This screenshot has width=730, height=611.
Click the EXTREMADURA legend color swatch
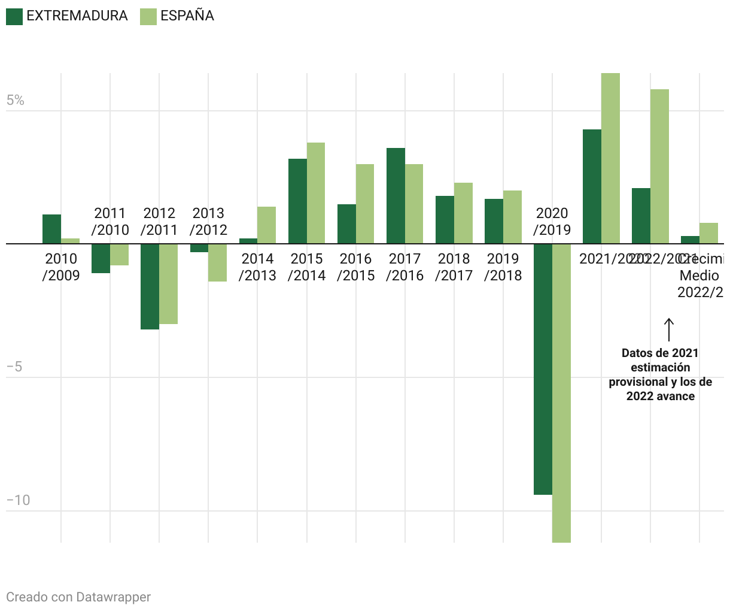pos(14,16)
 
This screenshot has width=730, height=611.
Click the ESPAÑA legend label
pos(187,16)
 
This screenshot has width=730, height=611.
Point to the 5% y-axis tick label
pos(16,101)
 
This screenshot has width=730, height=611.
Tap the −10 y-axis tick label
pos(18,500)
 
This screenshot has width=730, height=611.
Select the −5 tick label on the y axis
pos(14,367)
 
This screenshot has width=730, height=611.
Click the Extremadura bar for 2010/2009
pos(51,229)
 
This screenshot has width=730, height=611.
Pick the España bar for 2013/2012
pos(218,262)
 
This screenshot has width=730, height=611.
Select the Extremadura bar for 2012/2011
pos(150,286)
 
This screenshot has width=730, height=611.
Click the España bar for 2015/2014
pos(316,193)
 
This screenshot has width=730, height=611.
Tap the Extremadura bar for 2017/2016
pos(396,196)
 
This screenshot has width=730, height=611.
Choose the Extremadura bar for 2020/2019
pos(543,369)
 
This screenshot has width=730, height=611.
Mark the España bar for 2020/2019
pos(561,393)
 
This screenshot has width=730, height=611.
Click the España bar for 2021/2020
pos(610,158)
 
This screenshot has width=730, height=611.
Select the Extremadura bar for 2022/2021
pos(641,216)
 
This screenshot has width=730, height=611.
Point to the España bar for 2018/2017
pos(463,213)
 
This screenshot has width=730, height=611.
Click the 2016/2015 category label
pos(356,267)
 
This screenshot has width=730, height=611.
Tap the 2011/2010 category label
pos(110,222)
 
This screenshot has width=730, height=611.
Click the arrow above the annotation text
pos(669,329)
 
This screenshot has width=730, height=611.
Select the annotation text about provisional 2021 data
pos(660,374)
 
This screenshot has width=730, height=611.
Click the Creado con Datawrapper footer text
pos(78,597)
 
